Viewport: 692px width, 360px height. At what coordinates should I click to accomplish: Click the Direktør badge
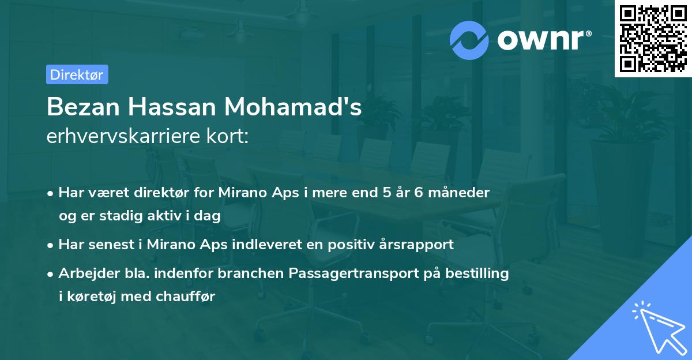[77, 74]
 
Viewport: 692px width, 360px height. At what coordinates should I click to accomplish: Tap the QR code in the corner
[653, 39]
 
